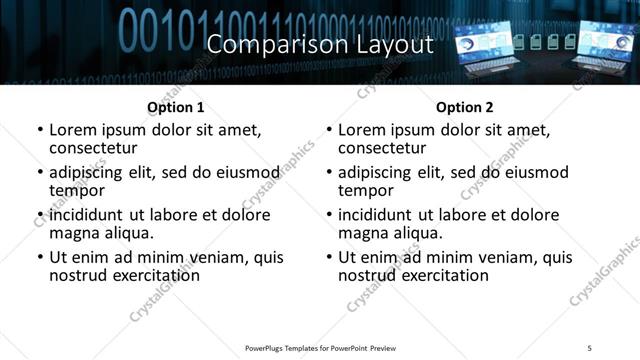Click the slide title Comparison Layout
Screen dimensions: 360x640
point(319,44)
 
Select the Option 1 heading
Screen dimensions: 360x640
point(176,107)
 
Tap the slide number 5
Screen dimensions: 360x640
point(590,347)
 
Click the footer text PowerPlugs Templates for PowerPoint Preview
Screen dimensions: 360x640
point(320,347)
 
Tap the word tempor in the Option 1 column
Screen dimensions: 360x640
point(77,191)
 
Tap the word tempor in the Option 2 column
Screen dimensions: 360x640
point(366,191)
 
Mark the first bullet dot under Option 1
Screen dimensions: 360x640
point(39,131)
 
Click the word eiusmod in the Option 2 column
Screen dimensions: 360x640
point(532,173)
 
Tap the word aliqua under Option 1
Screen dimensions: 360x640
point(128,233)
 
